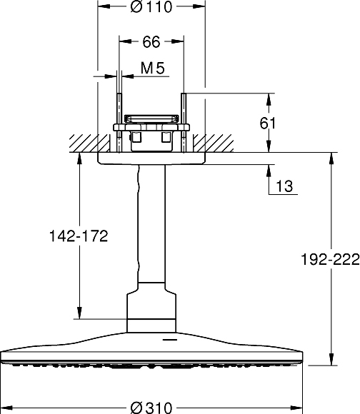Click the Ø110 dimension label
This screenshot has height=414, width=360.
click(x=151, y=6)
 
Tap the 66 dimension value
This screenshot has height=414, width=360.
click(x=151, y=41)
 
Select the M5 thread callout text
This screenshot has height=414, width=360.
click(x=153, y=68)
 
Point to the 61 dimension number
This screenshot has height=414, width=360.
click(x=268, y=123)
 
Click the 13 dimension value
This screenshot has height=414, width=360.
click(x=284, y=186)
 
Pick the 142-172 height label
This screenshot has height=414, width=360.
click(x=79, y=236)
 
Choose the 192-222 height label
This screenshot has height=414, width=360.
click(x=330, y=259)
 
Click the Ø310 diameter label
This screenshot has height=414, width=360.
click(x=151, y=408)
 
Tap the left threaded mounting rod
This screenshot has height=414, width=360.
click(x=119, y=123)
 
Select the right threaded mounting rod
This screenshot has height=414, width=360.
click(x=184, y=123)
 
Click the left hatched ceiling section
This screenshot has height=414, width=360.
click(x=90, y=143)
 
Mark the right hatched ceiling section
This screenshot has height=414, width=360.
click(x=213, y=143)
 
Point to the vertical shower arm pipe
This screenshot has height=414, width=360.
click(x=151, y=223)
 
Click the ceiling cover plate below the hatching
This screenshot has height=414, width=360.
click(x=151, y=158)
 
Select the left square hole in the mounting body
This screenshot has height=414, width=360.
click(x=136, y=138)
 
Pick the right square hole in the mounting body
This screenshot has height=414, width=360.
click(x=166, y=138)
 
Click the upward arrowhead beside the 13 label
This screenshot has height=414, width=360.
click(x=269, y=171)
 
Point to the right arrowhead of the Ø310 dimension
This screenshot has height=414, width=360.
click(x=296, y=408)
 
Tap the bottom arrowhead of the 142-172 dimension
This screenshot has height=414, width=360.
click(x=79, y=313)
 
